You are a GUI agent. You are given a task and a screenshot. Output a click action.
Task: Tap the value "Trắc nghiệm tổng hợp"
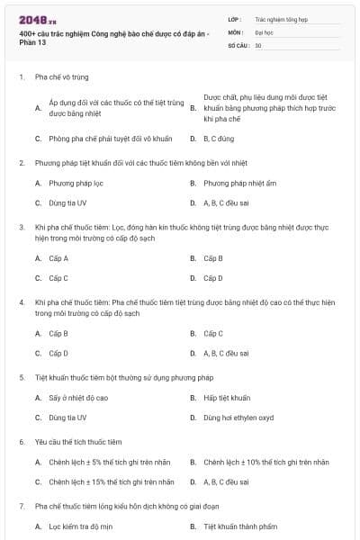[x=280, y=18]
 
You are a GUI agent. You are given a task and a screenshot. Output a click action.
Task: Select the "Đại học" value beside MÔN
[x=264, y=31]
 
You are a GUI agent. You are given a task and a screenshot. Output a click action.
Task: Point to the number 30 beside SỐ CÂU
[x=258, y=44]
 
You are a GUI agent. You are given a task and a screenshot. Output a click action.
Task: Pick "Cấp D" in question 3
[x=213, y=278]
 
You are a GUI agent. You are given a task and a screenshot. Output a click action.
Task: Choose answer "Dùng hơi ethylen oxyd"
[x=238, y=418]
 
